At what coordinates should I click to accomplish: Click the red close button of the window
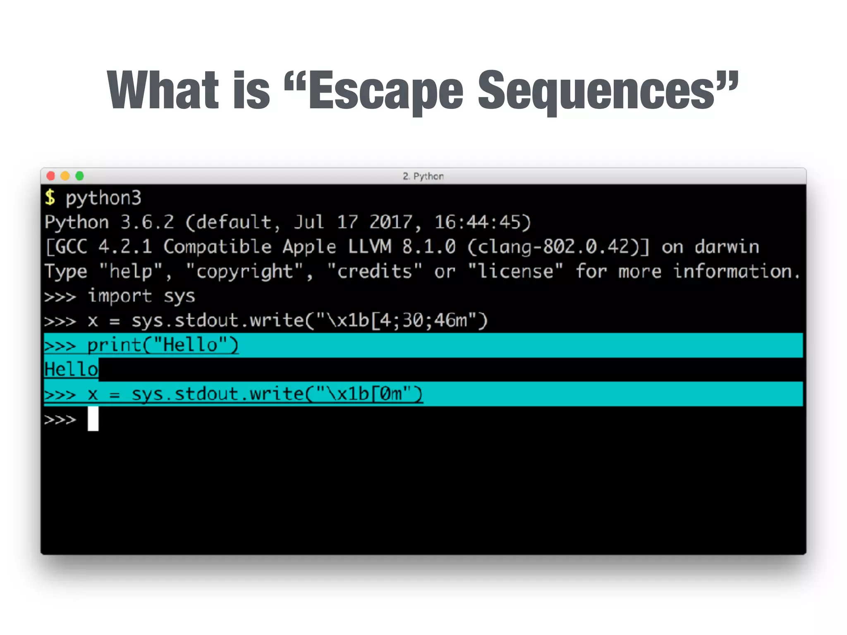[51, 176]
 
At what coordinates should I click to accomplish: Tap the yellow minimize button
[65, 176]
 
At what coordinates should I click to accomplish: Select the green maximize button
[79, 176]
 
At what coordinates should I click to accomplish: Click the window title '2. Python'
[423, 177]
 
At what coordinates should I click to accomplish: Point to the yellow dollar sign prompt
[50, 198]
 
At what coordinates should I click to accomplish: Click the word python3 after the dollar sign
[103, 198]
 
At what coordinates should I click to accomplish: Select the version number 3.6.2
[147, 222]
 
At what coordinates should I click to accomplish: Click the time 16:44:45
[482, 222]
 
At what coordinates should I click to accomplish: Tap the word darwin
[727, 247]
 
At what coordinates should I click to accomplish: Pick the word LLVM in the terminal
[369, 247]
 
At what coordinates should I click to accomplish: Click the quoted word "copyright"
[244, 272]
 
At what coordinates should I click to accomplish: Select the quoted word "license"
[515, 272]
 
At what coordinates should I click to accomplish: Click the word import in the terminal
[120, 296]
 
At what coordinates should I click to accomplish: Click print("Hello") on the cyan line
[163, 345]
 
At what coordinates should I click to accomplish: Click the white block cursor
[93, 419]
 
